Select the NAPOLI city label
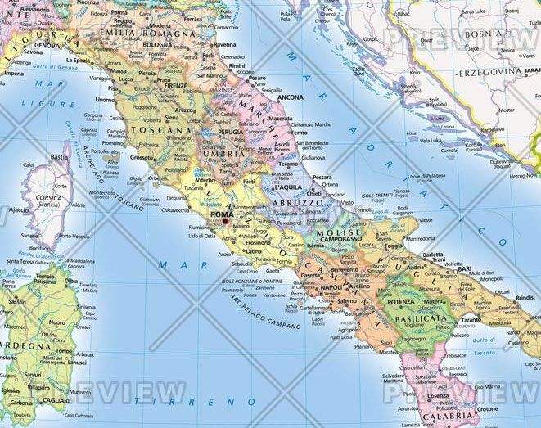click(x=331, y=288)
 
